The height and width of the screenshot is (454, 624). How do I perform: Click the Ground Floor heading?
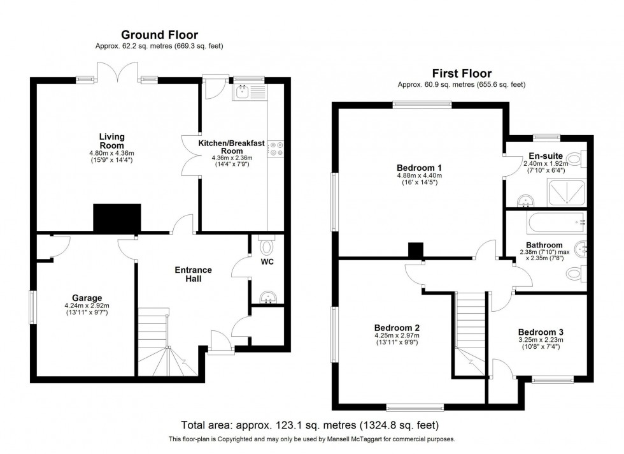click(159, 35)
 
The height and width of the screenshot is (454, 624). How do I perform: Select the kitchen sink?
click(243, 94)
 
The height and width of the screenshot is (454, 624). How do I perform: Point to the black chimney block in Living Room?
click(117, 218)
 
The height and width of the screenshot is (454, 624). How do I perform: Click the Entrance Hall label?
click(193, 274)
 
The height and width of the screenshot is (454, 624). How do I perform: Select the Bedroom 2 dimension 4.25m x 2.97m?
click(397, 337)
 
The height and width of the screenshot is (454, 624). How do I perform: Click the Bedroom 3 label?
click(540, 332)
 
